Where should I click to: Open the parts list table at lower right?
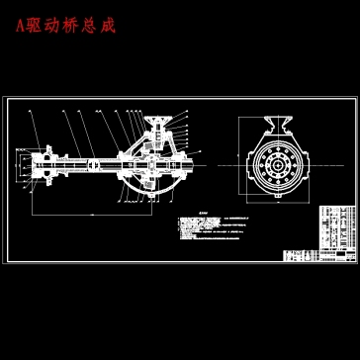click(x=335, y=232)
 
